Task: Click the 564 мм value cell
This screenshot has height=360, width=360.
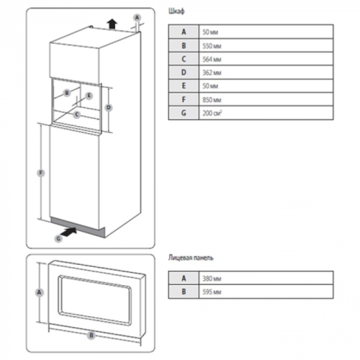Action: point(266,59)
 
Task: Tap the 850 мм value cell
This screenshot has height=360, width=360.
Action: point(266,99)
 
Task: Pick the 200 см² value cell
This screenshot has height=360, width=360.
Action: point(266,113)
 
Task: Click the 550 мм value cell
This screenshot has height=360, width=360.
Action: point(266,45)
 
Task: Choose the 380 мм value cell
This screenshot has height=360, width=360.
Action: point(266,278)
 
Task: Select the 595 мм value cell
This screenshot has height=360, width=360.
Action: point(266,292)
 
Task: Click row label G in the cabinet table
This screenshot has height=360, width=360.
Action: point(184,113)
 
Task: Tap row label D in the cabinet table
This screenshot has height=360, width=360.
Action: point(184,72)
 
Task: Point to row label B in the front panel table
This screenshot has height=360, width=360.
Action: point(184,292)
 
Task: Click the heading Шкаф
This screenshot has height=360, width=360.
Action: point(176,12)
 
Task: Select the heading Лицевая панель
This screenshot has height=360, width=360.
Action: point(191,258)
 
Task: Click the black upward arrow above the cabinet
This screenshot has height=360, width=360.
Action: point(112,24)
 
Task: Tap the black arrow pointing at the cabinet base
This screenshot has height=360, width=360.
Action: point(68,232)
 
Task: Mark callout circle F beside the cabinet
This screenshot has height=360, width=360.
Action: point(41,173)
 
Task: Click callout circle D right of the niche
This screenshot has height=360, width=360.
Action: point(109,107)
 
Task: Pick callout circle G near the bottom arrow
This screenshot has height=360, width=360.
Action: point(58,238)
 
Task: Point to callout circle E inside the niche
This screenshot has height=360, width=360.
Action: point(89,96)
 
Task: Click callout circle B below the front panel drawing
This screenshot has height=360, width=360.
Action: point(91,336)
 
